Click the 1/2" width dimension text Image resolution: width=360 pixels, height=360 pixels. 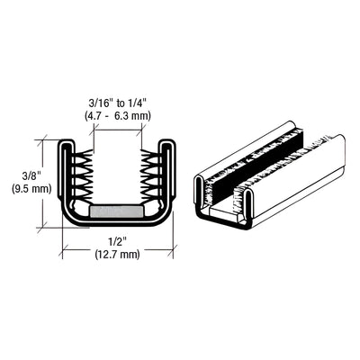click(118, 242)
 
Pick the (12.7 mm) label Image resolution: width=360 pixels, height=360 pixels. click(118, 256)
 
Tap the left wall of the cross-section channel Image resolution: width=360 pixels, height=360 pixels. click(65, 180)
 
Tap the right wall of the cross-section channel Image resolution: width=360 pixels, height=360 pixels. click(171, 180)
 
